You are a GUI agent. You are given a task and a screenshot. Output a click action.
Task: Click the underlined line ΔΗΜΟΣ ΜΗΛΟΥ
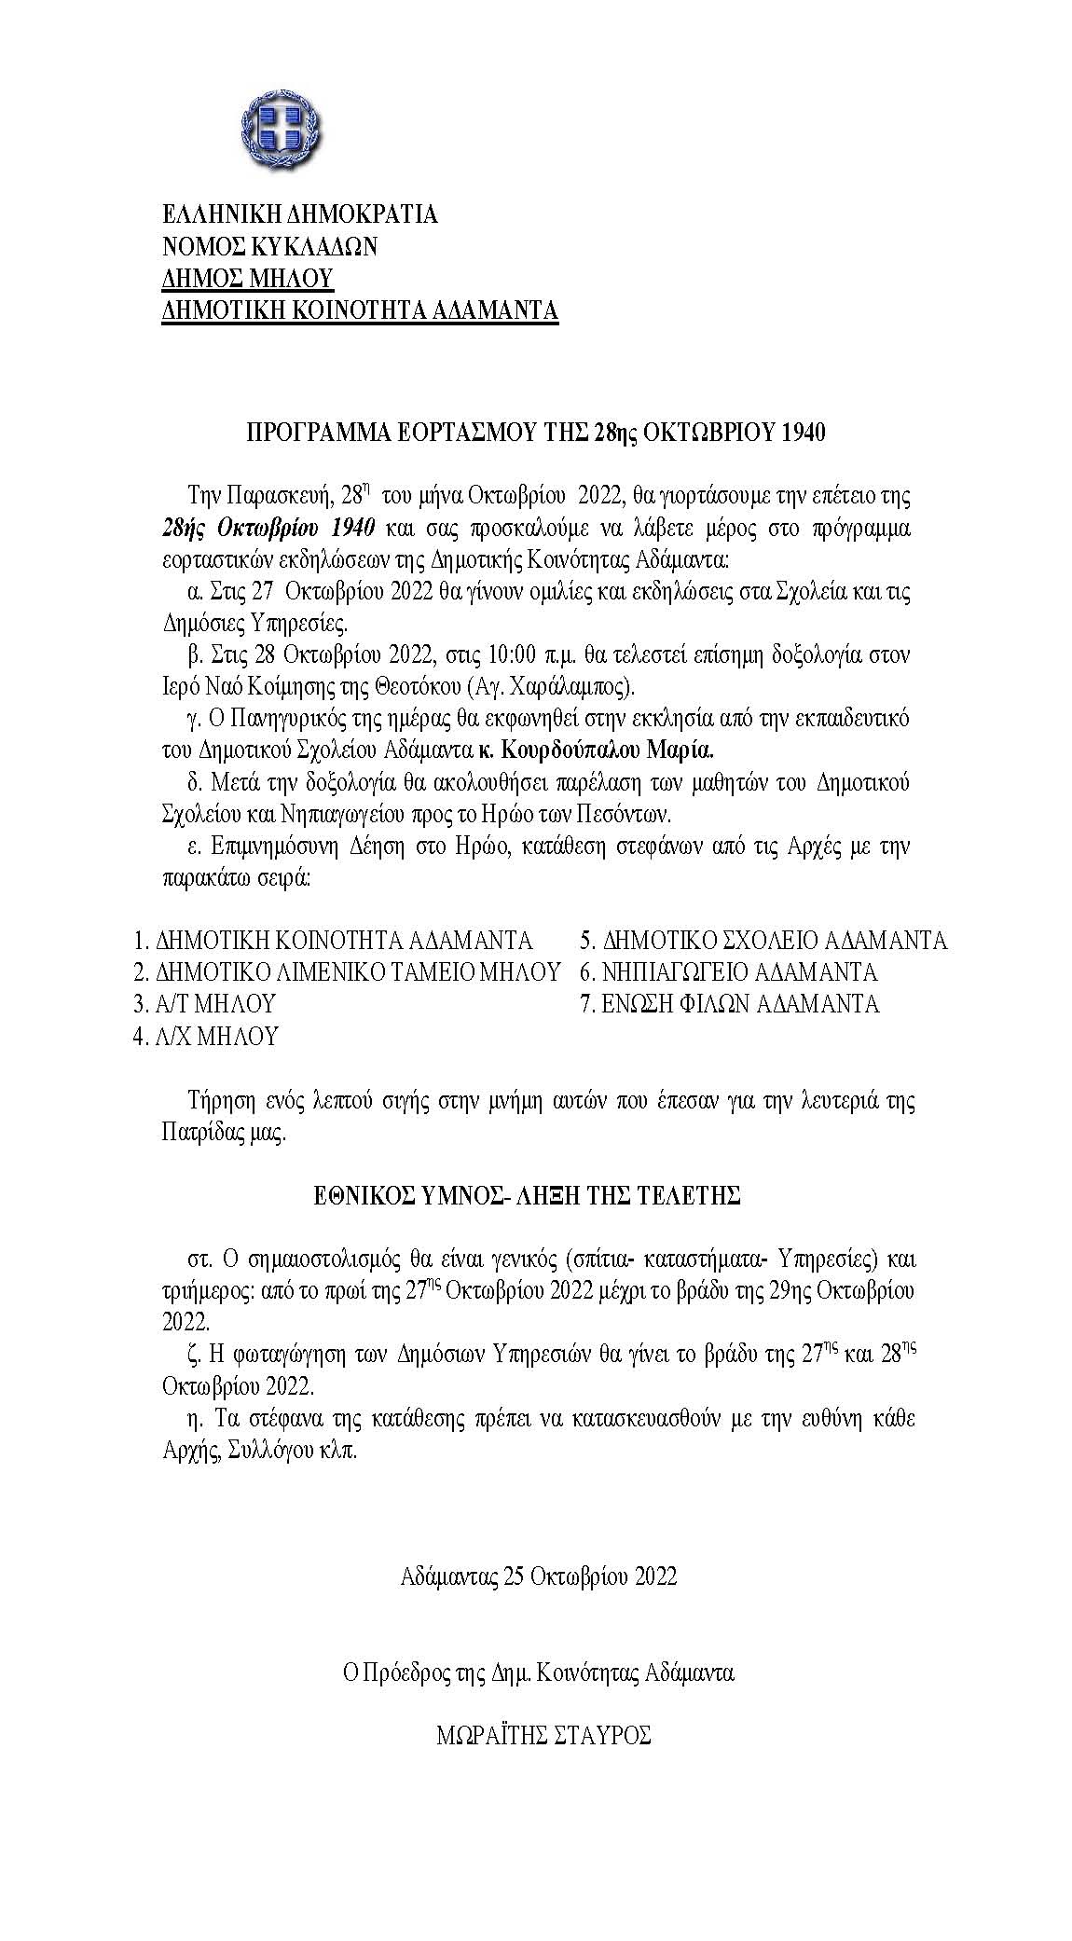248,278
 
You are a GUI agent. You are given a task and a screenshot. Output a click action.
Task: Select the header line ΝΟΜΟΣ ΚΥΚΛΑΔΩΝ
269,246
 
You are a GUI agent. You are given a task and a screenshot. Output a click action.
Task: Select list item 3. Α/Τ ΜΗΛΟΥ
205,1004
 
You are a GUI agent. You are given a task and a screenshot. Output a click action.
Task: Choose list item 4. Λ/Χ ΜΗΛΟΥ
205,1036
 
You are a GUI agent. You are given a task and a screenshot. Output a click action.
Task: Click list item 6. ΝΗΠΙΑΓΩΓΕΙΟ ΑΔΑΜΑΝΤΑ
728,972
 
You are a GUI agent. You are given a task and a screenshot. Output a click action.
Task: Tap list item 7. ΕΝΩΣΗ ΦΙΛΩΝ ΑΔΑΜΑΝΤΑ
729,1004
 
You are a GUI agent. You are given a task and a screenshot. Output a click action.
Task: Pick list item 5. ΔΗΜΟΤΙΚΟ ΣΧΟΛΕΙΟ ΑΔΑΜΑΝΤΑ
763,940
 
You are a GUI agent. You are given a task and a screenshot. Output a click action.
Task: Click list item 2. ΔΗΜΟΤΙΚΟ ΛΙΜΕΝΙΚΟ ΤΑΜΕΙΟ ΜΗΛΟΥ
347,972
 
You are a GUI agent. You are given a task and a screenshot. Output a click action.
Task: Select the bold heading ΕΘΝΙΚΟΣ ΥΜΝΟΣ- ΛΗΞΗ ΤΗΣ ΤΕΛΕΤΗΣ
527,1195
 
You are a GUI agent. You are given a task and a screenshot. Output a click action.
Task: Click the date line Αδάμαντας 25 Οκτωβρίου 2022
538,1576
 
